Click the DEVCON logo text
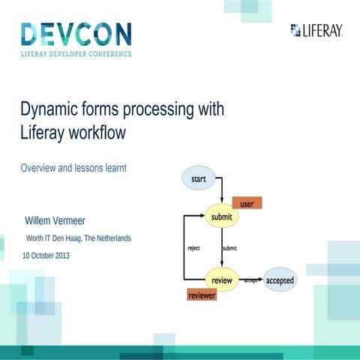76,34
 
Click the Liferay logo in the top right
316,30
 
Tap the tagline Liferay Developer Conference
76,54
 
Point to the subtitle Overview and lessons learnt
73,168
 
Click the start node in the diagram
199,179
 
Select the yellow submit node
222,217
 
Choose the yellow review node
222,280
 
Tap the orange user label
247,202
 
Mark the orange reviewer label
201,295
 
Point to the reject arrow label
193,247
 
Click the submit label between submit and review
230,247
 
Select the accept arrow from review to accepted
251,280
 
